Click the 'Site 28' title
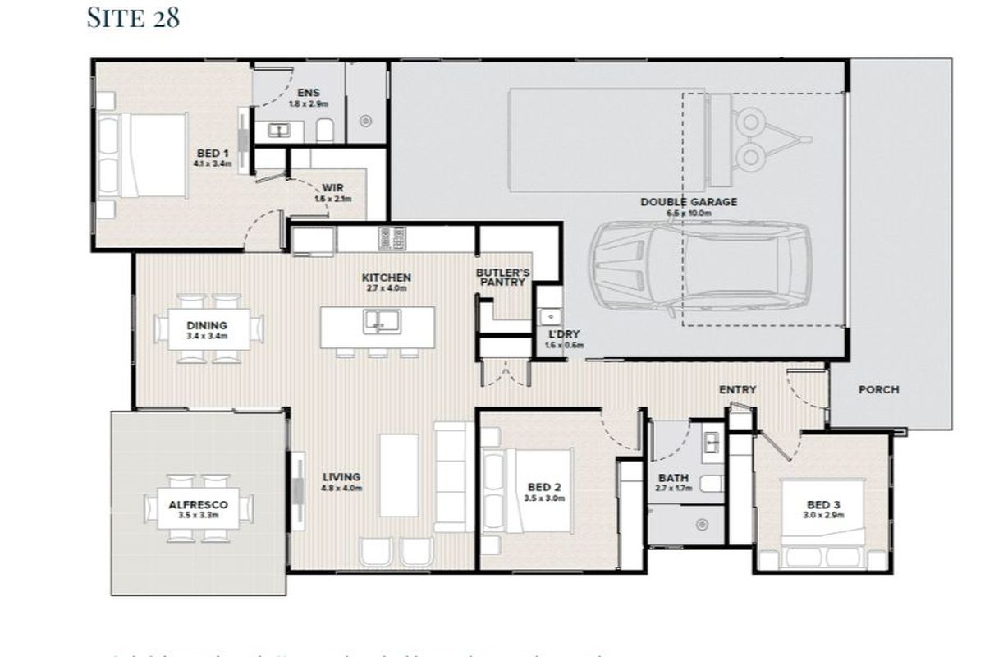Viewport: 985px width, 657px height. (x=133, y=18)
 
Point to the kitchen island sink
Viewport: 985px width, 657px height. (x=378, y=322)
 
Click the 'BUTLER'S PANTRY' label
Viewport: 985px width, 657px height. (x=503, y=277)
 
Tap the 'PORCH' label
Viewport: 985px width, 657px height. (x=878, y=389)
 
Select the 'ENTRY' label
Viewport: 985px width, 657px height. (x=737, y=389)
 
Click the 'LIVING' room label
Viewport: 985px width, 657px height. (x=341, y=477)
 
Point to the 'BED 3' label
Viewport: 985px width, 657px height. (x=824, y=504)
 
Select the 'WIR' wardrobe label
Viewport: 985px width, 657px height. (x=333, y=188)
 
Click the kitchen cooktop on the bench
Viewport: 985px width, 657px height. (x=392, y=239)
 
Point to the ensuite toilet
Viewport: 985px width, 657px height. (x=324, y=130)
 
